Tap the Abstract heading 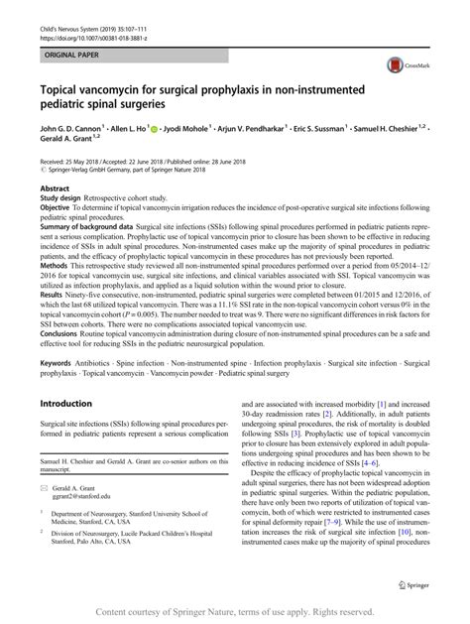[x=54, y=187]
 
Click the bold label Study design [x=61, y=197]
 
